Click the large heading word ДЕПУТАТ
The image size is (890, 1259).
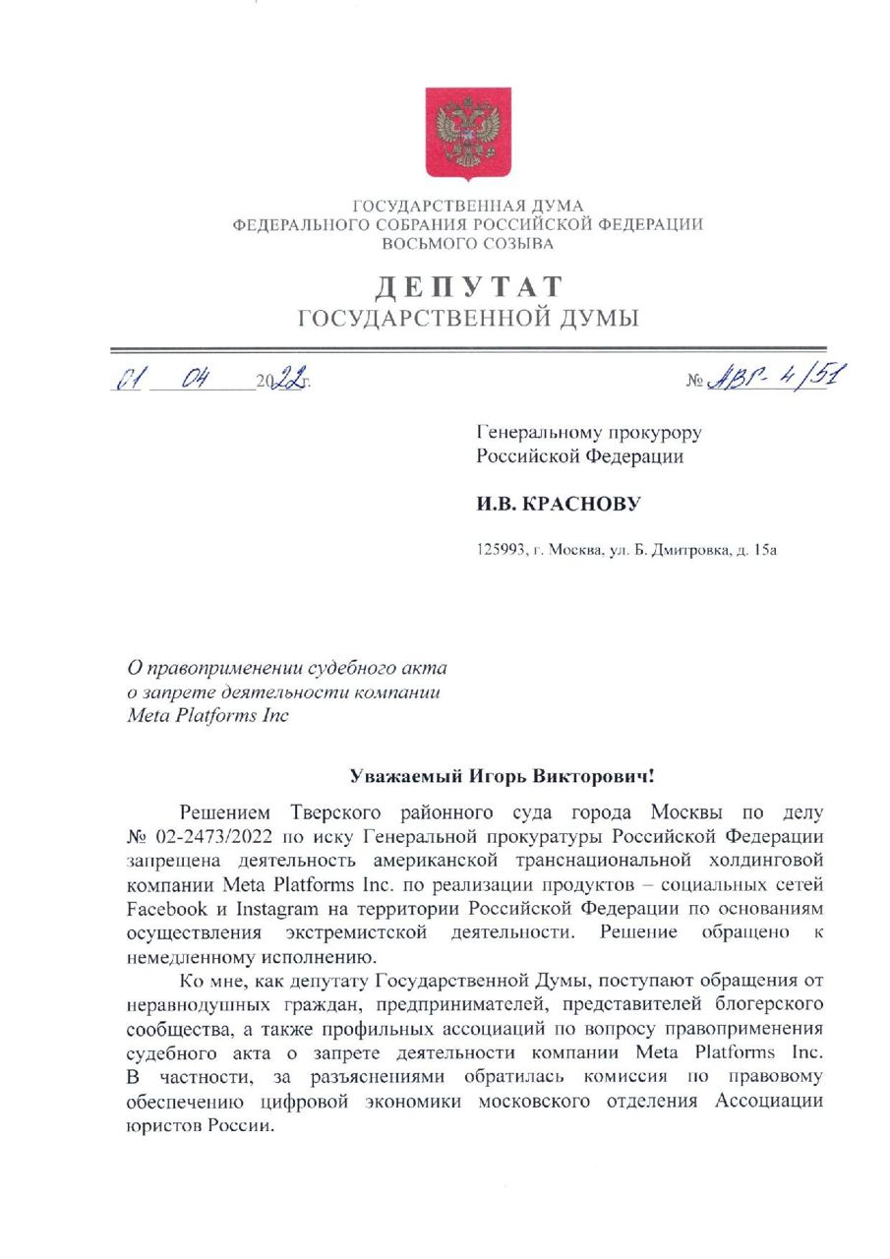[x=468, y=287]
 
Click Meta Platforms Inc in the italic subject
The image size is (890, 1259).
[x=208, y=715]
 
